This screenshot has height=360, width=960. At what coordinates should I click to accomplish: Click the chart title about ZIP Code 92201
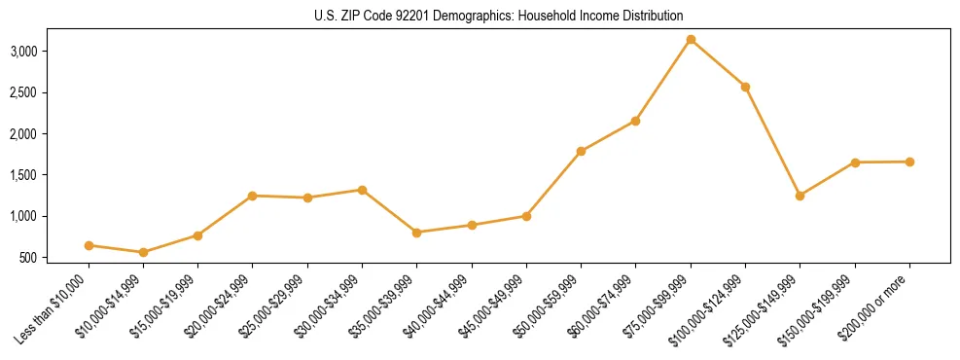click(x=499, y=16)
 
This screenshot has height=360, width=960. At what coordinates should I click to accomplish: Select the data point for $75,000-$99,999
click(x=691, y=39)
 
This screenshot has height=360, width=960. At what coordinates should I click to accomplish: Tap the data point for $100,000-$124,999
click(x=745, y=87)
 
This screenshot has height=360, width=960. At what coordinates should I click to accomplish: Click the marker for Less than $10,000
click(x=89, y=245)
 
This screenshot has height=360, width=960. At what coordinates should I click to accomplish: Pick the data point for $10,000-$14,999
click(x=143, y=252)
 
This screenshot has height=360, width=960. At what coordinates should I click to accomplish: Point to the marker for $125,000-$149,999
click(x=800, y=196)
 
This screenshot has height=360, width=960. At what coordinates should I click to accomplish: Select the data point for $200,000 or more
click(x=909, y=162)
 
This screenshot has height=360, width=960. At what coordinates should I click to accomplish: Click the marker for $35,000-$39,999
click(x=416, y=233)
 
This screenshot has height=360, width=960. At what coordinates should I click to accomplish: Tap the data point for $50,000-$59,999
click(x=581, y=151)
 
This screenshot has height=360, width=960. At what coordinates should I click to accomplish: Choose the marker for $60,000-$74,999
click(x=635, y=121)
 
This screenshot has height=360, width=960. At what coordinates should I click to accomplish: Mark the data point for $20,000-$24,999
click(x=253, y=196)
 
